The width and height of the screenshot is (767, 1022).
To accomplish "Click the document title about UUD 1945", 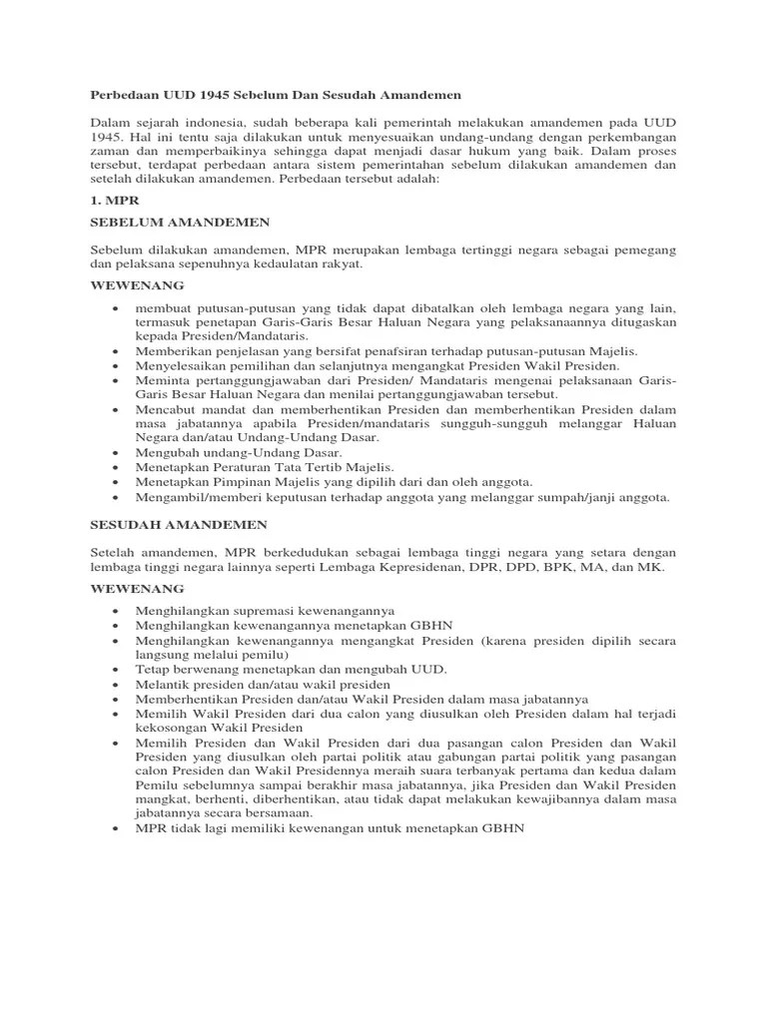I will pos(276,95).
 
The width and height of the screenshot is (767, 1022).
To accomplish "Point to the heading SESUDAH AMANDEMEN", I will pos(179,524).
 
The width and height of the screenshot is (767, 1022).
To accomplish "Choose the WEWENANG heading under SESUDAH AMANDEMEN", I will pos(129,589).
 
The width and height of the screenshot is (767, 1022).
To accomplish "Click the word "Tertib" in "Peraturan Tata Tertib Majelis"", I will pos(320,467).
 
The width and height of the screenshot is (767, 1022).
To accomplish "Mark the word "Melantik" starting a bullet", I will pos(163,686).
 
